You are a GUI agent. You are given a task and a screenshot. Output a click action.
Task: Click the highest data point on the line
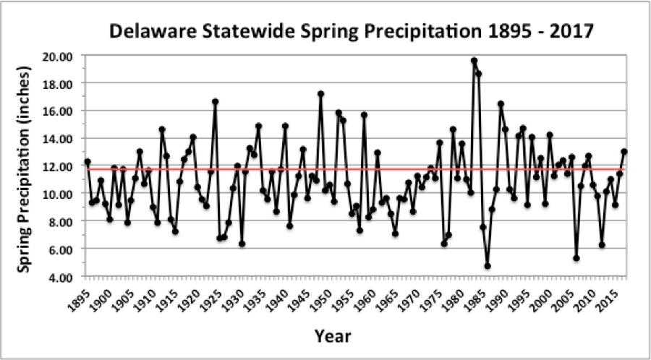click(474, 61)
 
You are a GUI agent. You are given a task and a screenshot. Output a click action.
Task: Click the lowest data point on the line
click(488, 266)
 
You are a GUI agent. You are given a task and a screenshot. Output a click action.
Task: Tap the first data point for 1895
click(88, 162)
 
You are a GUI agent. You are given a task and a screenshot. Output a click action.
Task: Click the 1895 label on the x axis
click(82, 296)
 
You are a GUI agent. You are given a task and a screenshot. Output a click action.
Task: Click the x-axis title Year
click(332, 336)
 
